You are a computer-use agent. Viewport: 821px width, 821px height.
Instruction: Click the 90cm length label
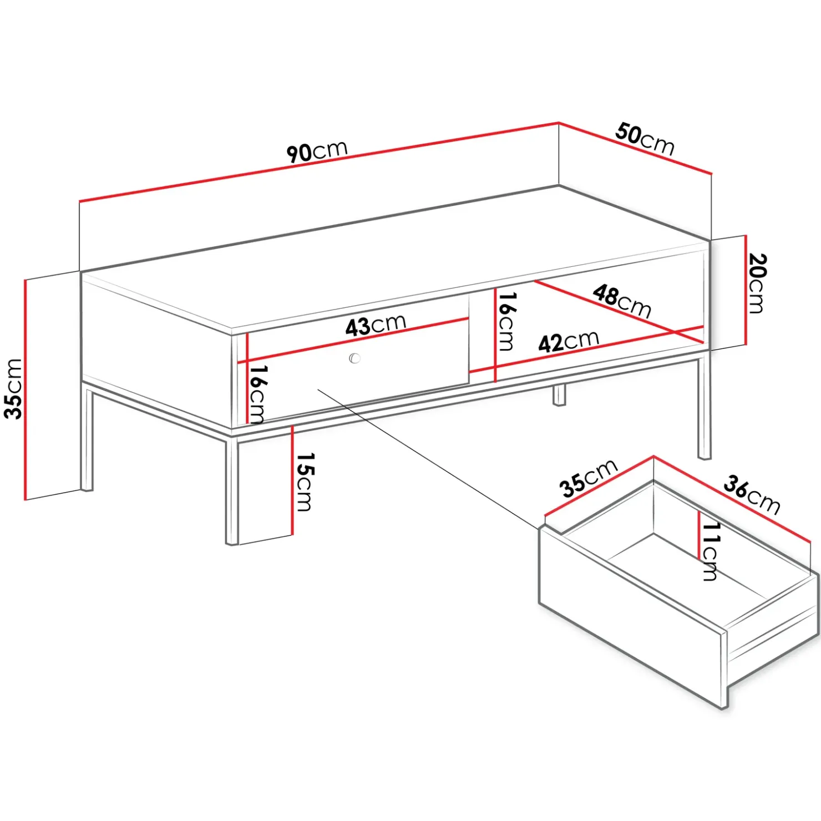[x=317, y=151]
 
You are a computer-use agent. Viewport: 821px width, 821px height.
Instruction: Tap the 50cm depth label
[x=645, y=139]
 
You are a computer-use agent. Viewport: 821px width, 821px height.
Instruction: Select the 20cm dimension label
[x=757, y=283]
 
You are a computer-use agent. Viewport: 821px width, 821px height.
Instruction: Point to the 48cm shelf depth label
[x=622, y=301]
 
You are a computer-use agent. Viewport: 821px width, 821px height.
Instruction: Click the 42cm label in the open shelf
[x=569, y=341]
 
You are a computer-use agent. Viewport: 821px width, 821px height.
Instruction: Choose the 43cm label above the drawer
[x=376, y=326]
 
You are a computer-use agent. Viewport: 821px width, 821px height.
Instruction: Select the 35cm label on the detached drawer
[x=589, y=478]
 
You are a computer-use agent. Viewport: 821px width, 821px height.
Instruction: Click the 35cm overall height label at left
[x=13, y=388]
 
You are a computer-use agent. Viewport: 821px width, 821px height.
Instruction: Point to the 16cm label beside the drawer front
[x=258, y=394]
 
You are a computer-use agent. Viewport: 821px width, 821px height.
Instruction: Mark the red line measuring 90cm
[x=319, y=161]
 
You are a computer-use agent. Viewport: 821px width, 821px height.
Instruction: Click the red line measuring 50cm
[x=635, y=148]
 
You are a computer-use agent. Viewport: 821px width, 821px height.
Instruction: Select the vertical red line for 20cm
[x=746, y=290]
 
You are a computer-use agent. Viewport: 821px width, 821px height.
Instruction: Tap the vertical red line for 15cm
[x=292, y=480]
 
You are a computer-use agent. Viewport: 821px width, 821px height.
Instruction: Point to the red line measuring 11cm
[x=699, y=534]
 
